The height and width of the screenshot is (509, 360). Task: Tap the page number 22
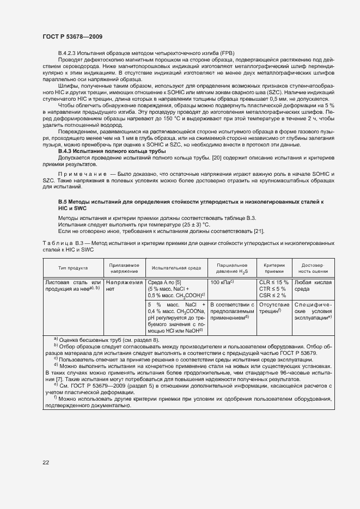[x=46, y=462]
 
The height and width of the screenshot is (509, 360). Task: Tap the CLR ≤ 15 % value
[x=274, y=282]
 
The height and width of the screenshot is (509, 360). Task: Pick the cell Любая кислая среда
[x=313, y=285]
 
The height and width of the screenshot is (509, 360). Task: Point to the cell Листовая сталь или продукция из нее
[x=73, y=285]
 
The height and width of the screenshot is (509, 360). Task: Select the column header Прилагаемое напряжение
[x=124, y=267]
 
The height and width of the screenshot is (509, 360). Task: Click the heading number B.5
[x=63, y=202]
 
